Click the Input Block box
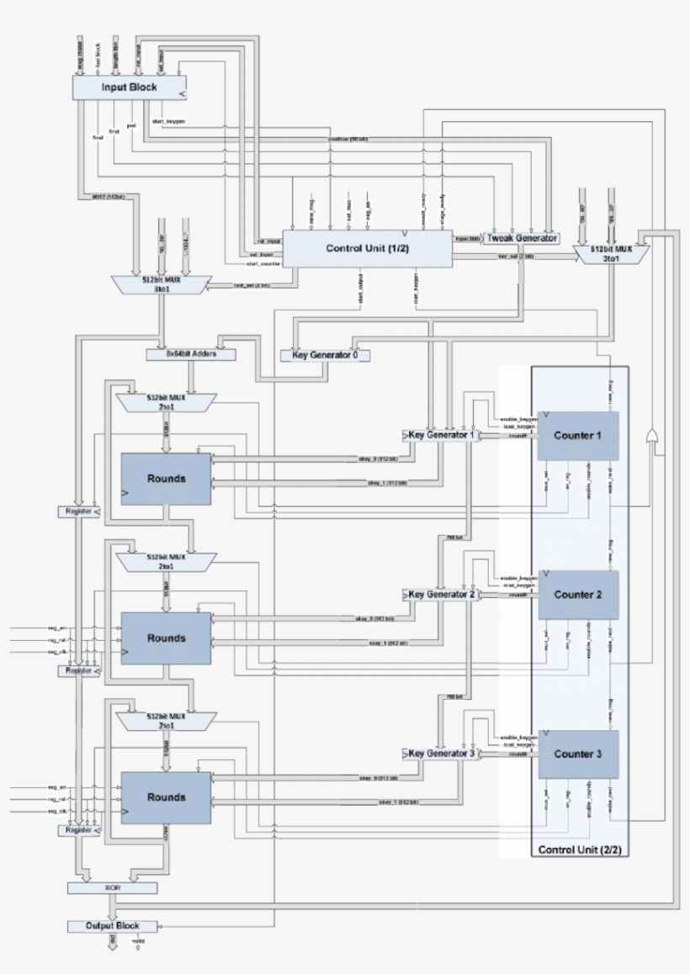130,87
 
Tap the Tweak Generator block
522,238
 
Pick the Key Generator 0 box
325,355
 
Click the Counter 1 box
578,436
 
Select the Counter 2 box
578,595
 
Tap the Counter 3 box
578,754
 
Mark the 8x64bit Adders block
191,354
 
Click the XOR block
112,887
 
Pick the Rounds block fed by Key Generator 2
166,638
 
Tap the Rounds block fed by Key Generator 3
166,797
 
